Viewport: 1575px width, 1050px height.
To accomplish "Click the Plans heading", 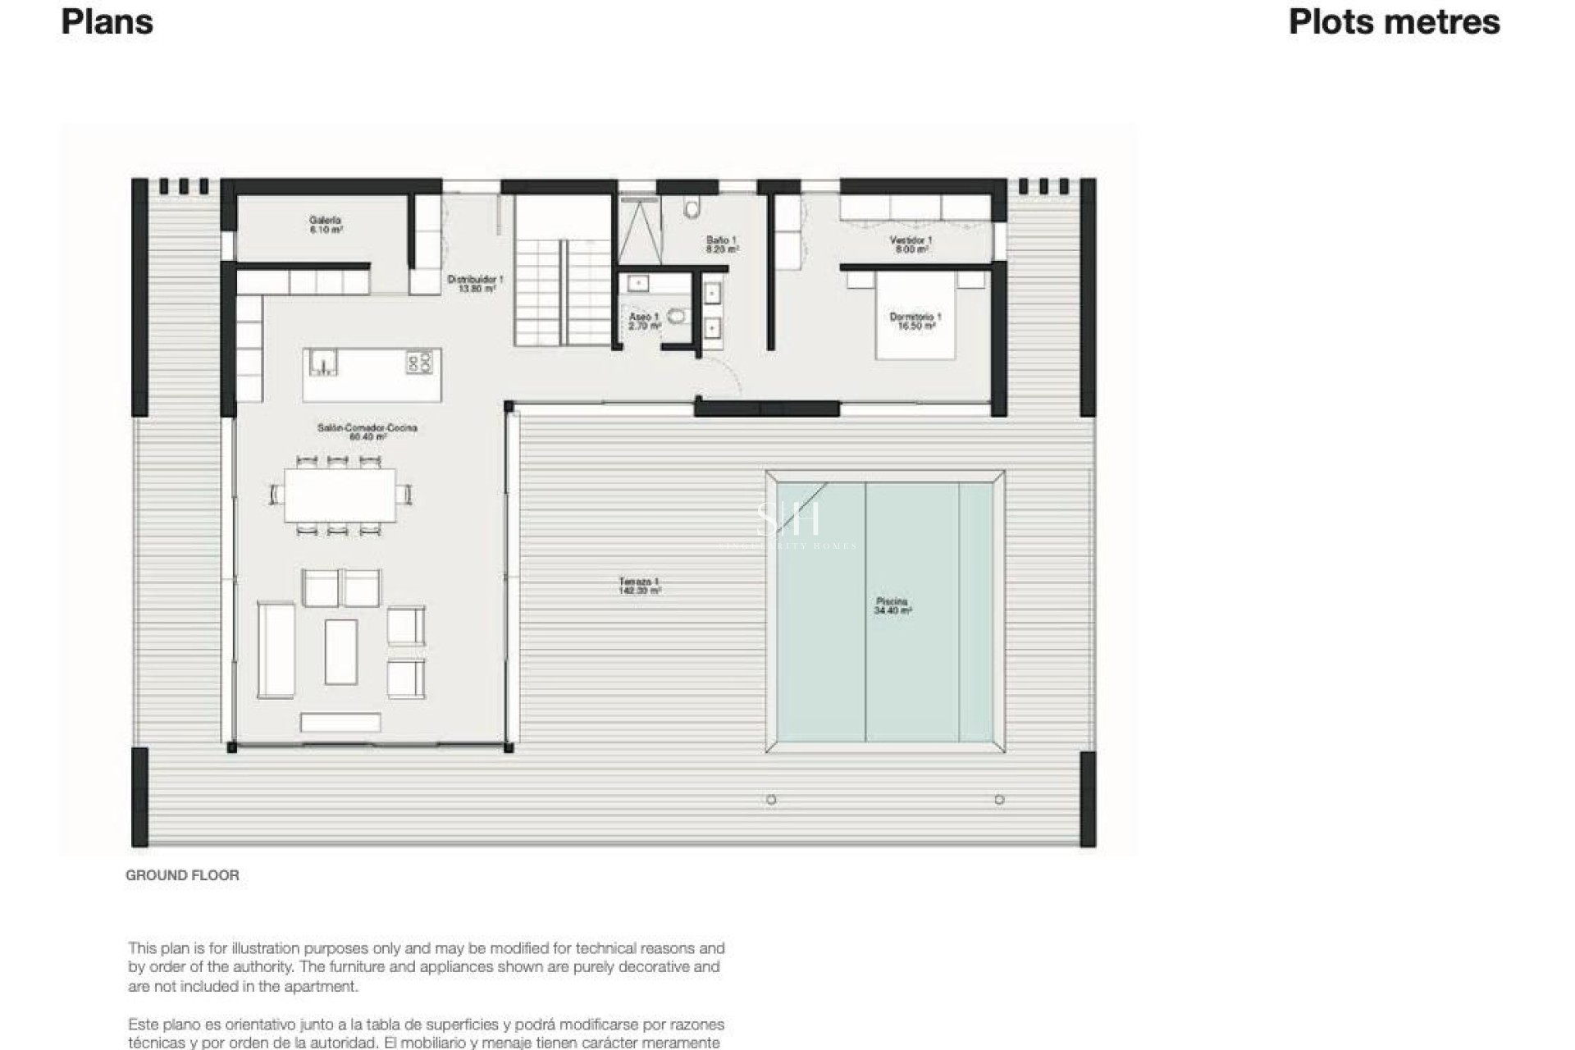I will click(107, 22).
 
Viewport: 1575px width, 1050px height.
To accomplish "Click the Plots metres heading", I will click(1394, 22).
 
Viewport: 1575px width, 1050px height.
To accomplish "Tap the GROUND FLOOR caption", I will click(182, 875).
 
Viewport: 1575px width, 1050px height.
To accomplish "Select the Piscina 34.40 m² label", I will click(892, 606).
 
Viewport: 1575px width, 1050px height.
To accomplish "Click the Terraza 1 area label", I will click(639, 586).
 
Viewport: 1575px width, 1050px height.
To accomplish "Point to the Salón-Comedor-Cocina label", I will click(367, 432).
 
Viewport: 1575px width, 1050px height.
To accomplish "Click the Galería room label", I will click(325, 225).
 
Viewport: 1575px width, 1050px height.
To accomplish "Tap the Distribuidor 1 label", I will click(475, 284).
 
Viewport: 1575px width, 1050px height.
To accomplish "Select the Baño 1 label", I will click(722, 244).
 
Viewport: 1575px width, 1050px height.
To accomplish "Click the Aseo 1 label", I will click(644, 321).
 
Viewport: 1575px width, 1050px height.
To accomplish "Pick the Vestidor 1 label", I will click(911, 244).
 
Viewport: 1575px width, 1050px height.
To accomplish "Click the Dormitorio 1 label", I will click(915, 321).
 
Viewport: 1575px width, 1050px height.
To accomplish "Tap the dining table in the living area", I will click(340, 495).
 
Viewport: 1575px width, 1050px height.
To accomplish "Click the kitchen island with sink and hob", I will click(372, 375).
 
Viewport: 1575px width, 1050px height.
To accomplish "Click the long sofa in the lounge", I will click(276, 650).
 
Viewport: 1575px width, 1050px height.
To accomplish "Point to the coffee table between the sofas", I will click(340, 651).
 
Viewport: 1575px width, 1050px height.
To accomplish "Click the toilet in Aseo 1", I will click(676, 316).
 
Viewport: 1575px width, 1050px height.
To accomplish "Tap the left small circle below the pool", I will click(771, 800).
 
